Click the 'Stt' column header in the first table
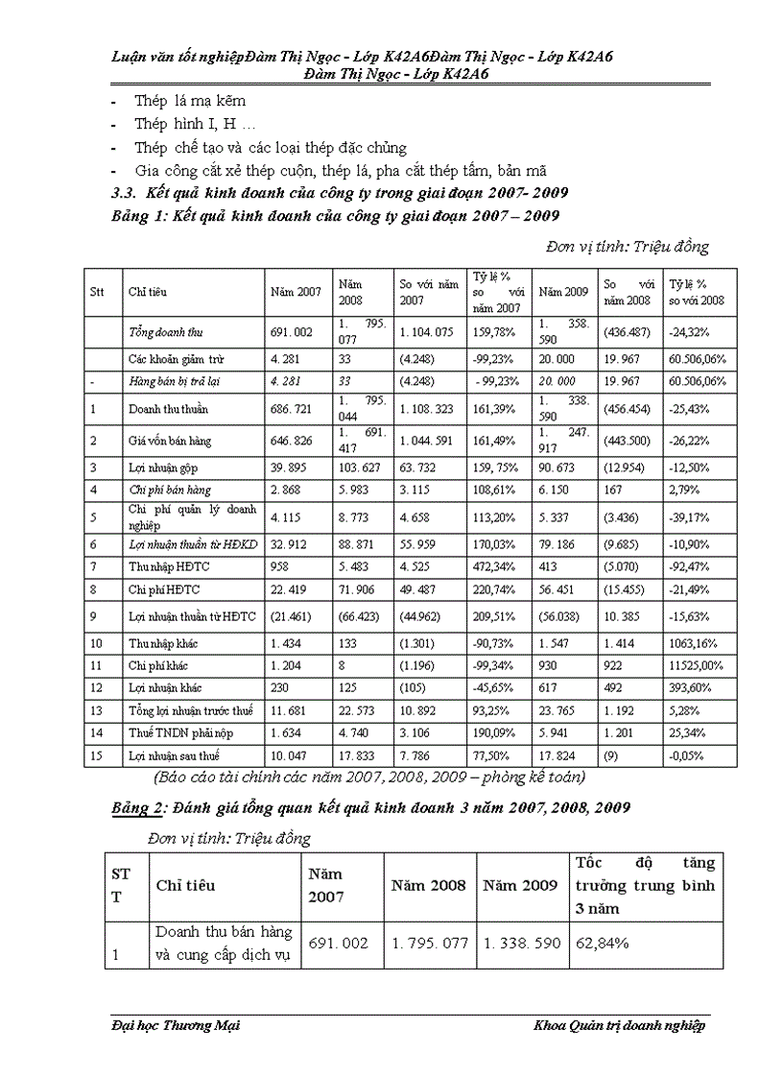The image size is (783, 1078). pos(97,292)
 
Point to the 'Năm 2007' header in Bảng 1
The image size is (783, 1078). pos(295,292)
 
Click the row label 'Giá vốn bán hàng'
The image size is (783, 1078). pos(170,441)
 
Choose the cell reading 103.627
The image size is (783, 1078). pos(358,467)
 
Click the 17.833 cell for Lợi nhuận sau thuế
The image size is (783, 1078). pos(357,757)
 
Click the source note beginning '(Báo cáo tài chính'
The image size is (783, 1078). pos(368,776)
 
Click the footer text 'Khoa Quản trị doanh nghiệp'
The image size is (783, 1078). pos(619,1026)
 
